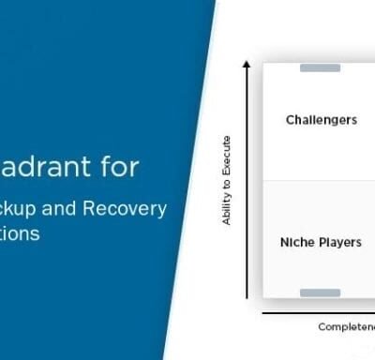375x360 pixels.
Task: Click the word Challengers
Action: click(x=321, y=119)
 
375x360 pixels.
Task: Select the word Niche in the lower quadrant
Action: click(x=295, y=242)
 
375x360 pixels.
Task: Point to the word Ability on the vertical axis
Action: click(x=227, y=207)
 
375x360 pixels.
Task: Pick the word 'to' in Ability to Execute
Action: click(x=227, y=183)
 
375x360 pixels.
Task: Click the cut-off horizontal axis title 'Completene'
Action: click(x=346, y=326)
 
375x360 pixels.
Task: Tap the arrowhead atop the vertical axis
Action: click(x=247, y=64)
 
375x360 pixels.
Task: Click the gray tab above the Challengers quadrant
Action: click(x=320, y=67)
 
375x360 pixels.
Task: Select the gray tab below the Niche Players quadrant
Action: click(x=320, y=293)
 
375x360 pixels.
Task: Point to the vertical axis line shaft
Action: click(x=247, y=187)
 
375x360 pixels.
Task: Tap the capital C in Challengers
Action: click(x=289, y=119)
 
